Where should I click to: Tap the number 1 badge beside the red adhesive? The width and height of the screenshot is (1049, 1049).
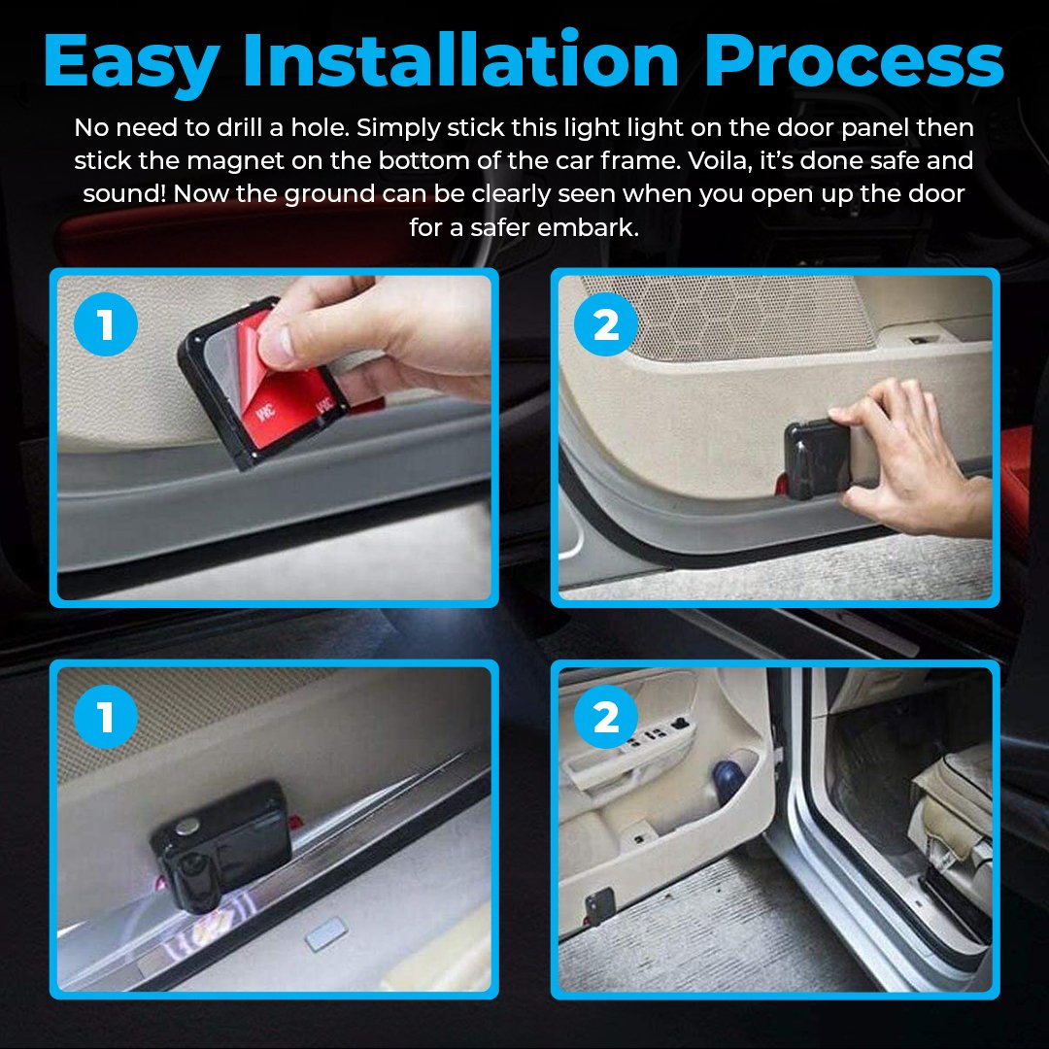(106, 325)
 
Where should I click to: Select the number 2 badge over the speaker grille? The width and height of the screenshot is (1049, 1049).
(605, 325)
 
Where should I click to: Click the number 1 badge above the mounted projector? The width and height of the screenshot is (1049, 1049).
(106, 719)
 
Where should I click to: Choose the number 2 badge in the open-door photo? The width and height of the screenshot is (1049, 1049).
(605, 719)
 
